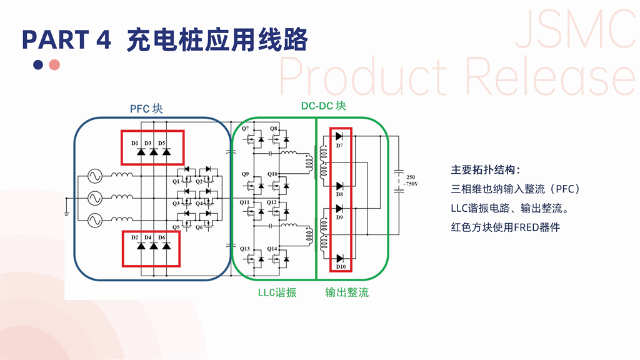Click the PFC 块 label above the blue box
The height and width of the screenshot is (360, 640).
146,109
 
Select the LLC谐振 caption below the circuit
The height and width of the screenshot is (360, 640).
277,292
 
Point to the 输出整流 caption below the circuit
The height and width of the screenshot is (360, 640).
347,292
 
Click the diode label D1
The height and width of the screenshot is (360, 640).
135,143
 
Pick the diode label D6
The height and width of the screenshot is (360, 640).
161,237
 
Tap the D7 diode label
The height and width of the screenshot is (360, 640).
339,146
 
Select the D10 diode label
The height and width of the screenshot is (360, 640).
341,267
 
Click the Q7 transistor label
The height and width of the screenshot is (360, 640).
246,129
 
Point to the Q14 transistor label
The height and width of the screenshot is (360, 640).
272,249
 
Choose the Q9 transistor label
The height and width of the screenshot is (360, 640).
246,174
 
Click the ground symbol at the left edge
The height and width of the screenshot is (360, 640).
66,212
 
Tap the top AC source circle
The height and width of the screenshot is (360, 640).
97,177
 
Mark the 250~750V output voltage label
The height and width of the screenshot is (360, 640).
410,181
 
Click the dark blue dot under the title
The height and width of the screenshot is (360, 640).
39,64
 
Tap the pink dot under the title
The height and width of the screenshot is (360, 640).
54,64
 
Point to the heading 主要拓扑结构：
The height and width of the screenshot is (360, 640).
486,170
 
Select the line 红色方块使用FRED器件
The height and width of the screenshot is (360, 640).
505,226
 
